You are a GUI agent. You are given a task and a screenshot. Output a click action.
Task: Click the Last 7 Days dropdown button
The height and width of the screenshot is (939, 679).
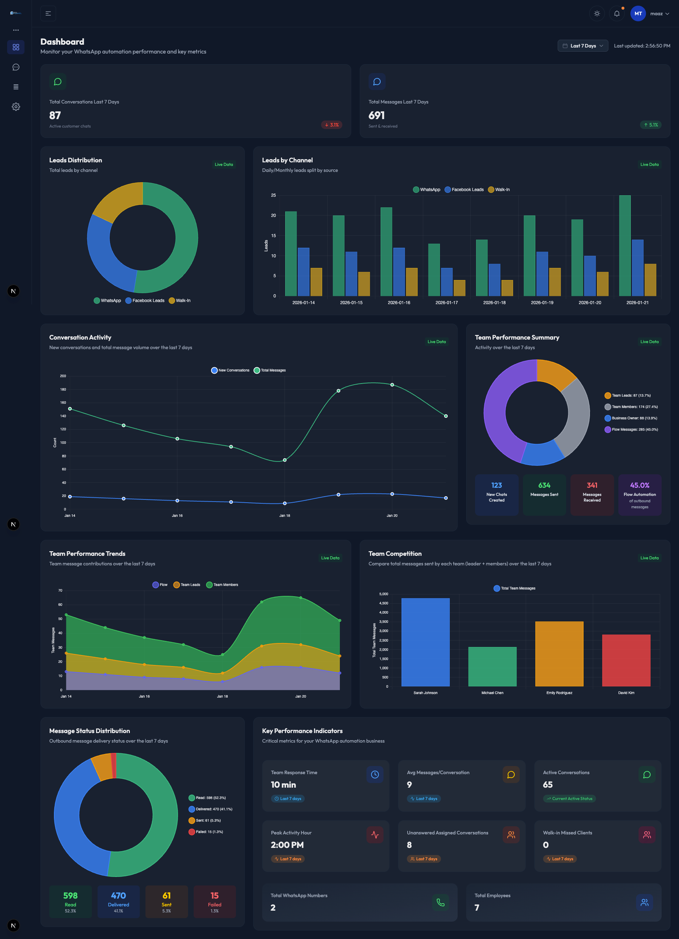(x=583, y=46)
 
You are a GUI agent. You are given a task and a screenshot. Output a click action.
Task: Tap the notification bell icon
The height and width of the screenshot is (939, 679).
(x=617, y=14)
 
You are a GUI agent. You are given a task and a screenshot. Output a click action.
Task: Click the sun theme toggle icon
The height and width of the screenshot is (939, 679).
(x=597, y=14)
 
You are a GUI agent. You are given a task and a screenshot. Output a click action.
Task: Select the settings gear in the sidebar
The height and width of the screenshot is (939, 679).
(x=16, y=107)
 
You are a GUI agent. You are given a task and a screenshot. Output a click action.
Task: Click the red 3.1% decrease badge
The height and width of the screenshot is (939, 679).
(x=331, y=125)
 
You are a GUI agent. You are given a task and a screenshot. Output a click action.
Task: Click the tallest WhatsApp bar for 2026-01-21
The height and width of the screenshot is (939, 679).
(x=624, y=246)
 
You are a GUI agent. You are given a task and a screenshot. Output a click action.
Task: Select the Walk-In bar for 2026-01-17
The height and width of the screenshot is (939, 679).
(x=459, y=288)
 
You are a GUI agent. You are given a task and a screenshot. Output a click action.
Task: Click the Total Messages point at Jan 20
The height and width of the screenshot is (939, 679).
(x=392, y=385)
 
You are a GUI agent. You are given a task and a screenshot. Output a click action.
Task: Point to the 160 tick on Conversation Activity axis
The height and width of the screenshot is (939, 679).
(x=63, y=402)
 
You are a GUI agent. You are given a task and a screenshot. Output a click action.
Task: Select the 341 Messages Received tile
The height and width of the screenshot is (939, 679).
(x=592, y=494)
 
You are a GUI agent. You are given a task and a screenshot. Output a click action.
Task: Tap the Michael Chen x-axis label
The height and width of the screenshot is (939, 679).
(x=492, y=693)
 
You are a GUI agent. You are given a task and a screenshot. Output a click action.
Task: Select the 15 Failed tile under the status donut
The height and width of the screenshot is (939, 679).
(x=214, y=901)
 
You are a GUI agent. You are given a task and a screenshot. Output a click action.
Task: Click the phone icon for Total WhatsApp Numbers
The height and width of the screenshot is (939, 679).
(x=440, y=902)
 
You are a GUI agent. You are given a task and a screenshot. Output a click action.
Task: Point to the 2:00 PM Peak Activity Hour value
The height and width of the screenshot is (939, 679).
(x=287, y=845)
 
